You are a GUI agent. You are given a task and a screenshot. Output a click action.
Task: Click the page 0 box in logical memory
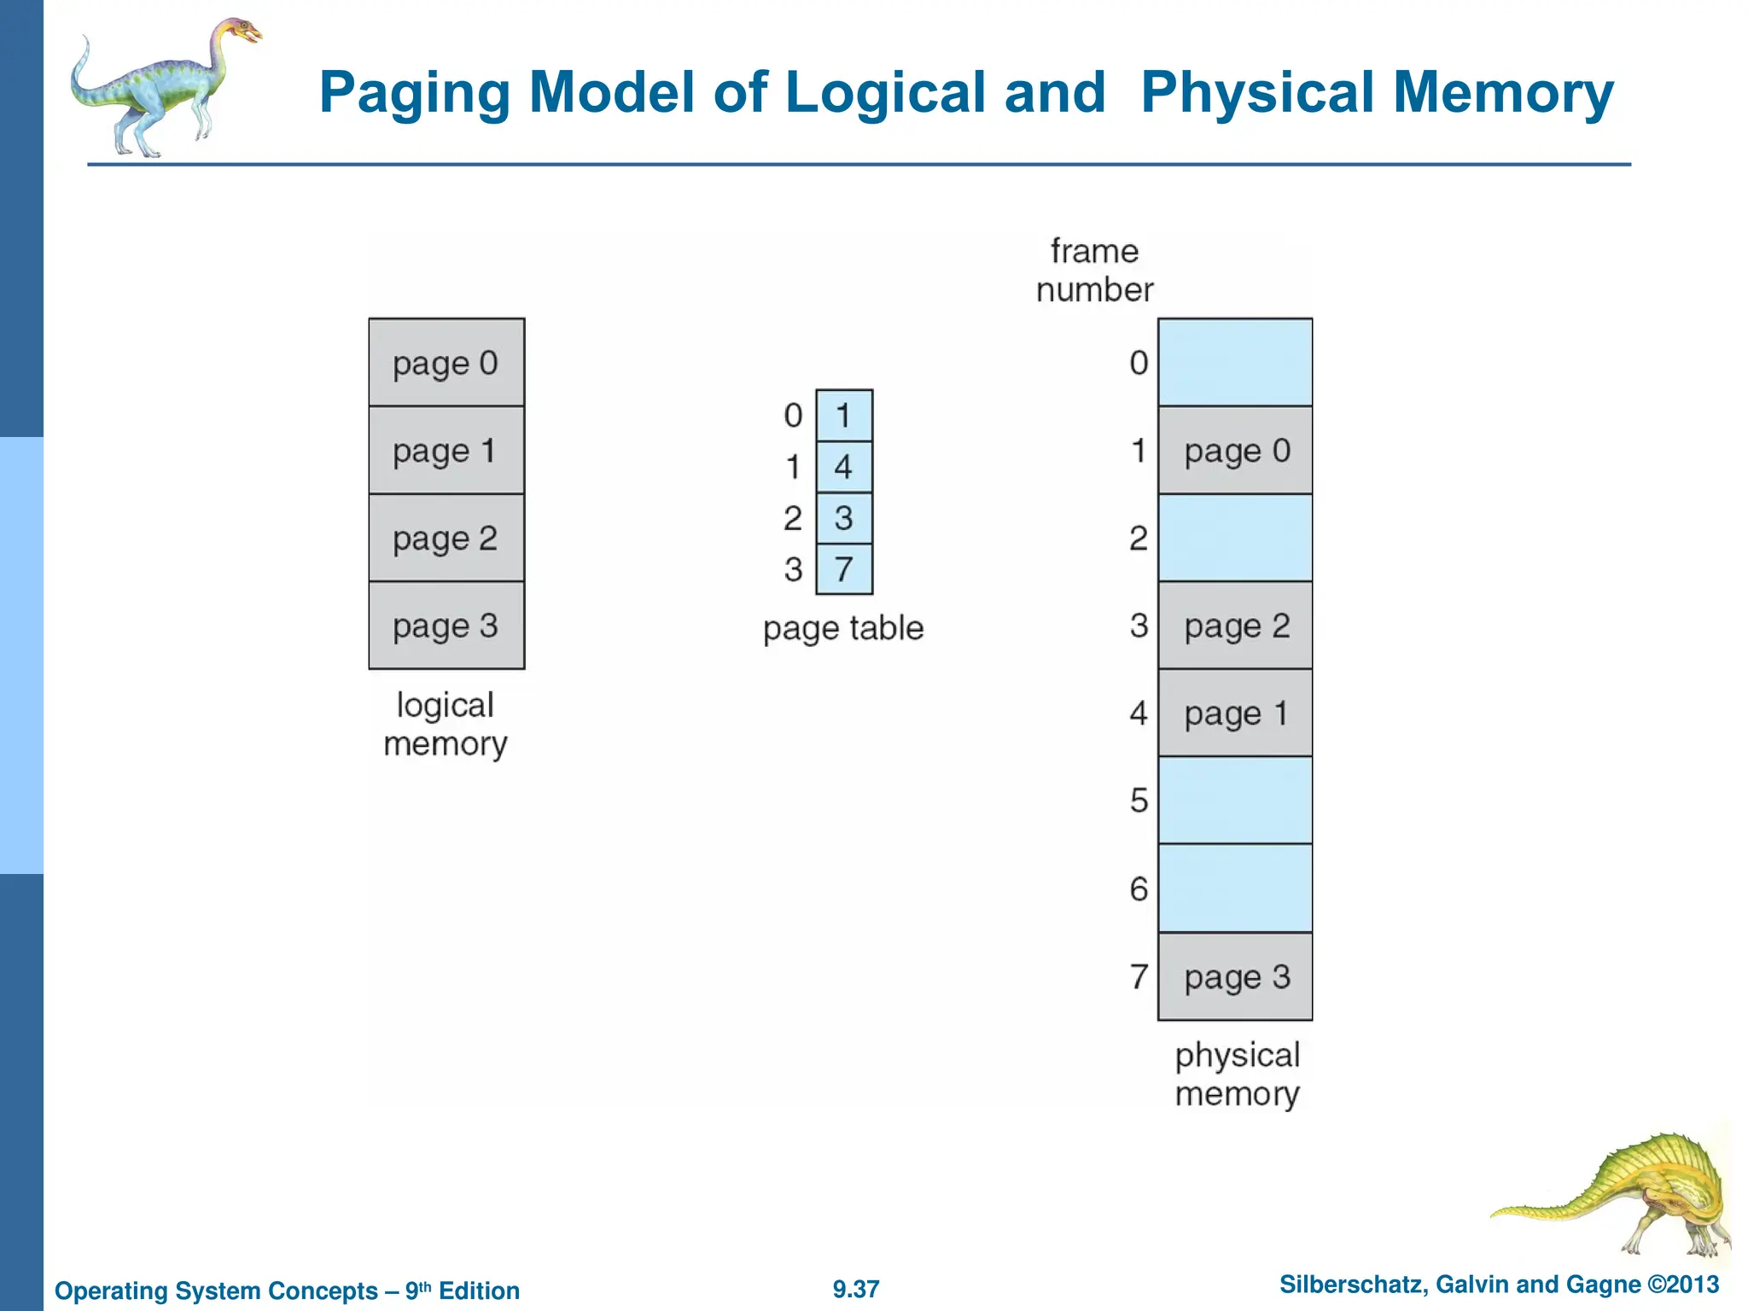446,363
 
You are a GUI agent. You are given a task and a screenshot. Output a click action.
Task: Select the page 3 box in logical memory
446,626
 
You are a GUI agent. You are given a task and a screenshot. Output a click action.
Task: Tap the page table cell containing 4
844,467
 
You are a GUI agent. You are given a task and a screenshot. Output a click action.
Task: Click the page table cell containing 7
844,569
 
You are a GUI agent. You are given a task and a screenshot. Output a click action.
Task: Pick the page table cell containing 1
844,416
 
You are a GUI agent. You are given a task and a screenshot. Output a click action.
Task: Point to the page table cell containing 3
844,518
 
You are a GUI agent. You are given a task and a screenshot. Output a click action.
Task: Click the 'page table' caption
843,629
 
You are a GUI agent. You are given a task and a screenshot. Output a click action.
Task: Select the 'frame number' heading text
1094,271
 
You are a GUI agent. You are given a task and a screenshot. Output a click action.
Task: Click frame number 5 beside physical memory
1139,801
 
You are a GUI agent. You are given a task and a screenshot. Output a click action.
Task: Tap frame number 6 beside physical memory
1139,889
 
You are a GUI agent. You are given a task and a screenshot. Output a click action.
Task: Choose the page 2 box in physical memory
1235,626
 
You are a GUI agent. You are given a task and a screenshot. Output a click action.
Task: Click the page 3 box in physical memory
1235,976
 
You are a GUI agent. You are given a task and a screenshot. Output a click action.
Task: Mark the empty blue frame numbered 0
1235,363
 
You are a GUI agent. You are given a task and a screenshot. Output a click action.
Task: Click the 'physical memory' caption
1237,1075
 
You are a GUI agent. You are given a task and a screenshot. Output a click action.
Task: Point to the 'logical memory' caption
446,725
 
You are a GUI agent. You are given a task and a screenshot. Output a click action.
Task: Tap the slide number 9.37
856,1289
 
